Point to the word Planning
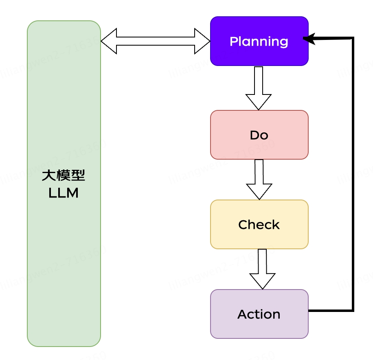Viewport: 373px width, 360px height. pyautogui.click(x=259, y=42)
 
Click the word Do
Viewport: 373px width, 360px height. pyautogui.click(x=259, y=135)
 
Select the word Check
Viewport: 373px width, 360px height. pyautogui.click(x=259, y=225)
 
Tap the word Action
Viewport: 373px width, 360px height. pyautogui.click(x=259, y=314)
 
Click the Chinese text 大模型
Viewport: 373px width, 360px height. pyautogui.click(x=64, y=176)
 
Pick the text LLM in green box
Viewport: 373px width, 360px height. pyautogui.click(x=64, y=193)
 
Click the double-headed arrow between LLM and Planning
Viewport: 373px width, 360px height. pyautogui.click(x=156, y=41)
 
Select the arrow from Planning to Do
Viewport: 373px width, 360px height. pyautogui.click(x=259, y=88)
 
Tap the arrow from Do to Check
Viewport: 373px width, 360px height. pyautogui.click(x=259, y=179)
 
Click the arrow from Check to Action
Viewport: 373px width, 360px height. pyautogui.click(x=262, y=269)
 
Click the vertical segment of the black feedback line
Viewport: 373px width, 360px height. pyautogui.click(x=353, y=175)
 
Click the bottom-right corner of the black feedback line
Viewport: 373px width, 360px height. pyautogui.click(x=353, y=311)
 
